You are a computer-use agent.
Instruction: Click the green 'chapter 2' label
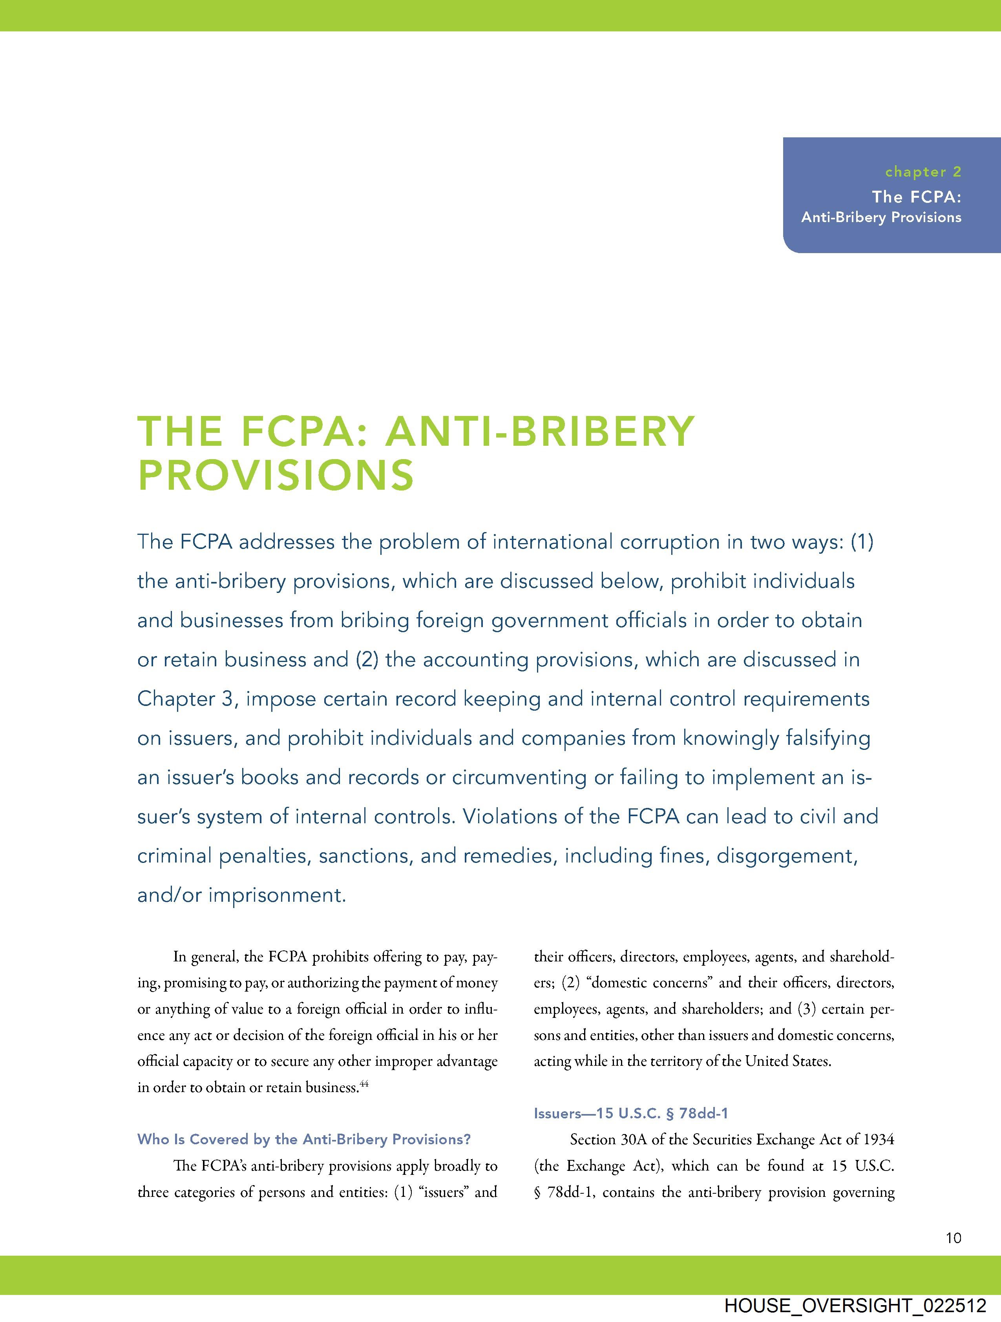(922, 172)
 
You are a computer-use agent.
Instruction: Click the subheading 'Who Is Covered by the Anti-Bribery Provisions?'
(304, 1139)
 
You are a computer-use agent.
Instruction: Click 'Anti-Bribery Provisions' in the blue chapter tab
(881, 217)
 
